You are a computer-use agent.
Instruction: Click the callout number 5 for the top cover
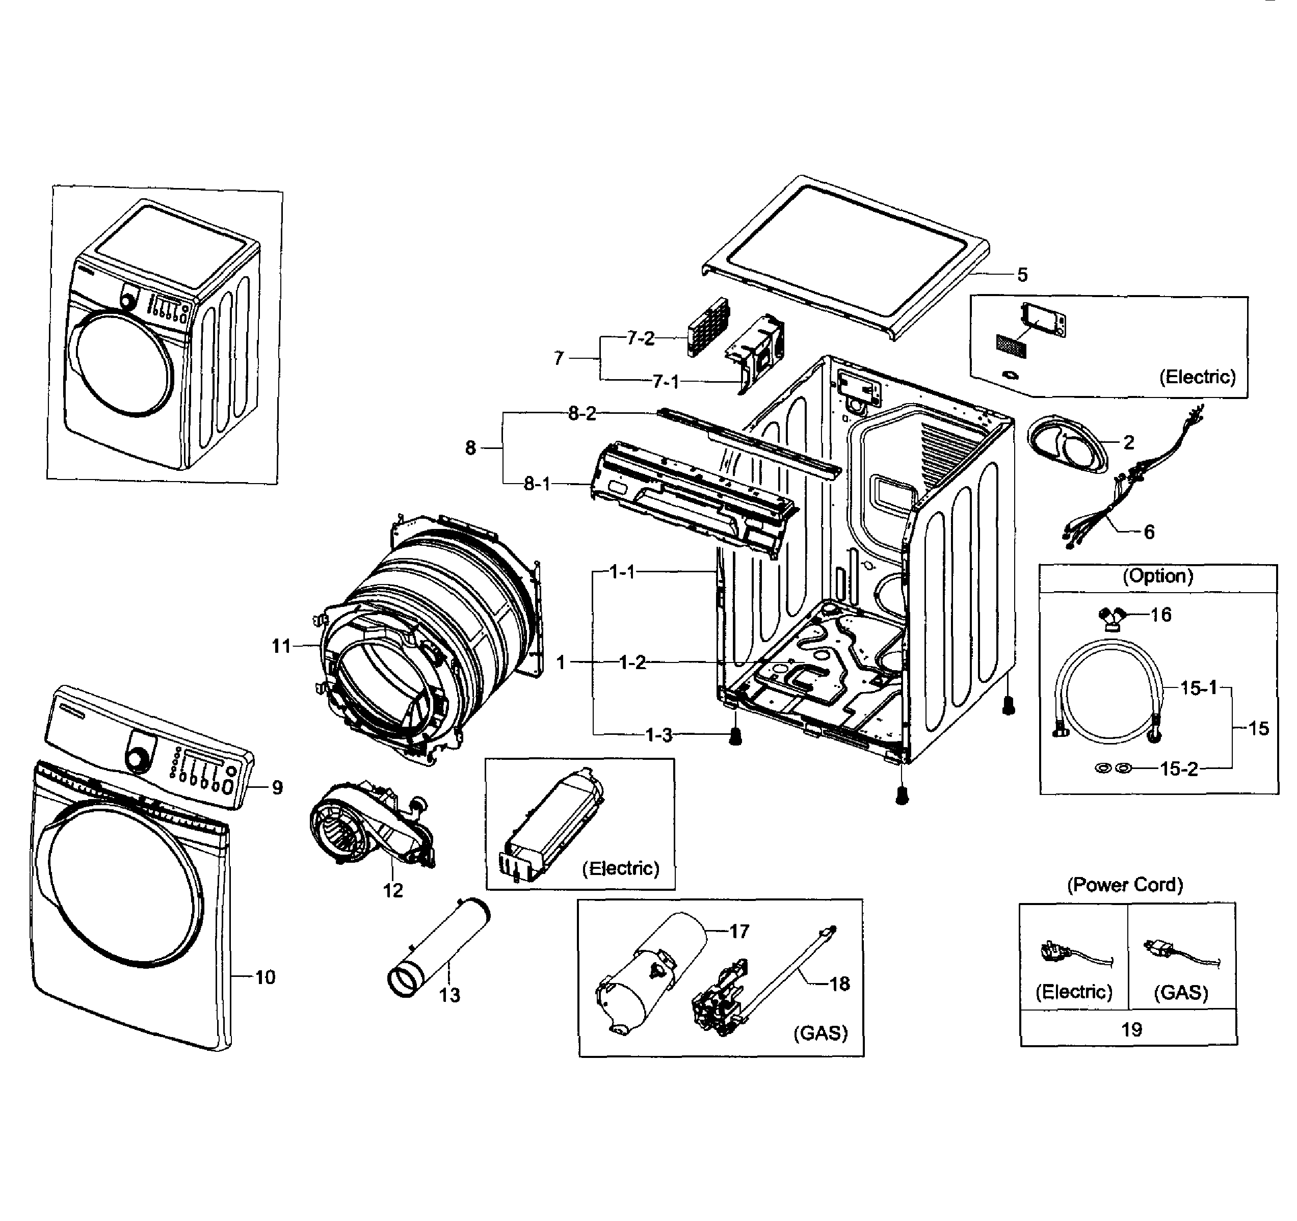pos(1022,275)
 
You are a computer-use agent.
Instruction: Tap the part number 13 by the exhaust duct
pos(449,995)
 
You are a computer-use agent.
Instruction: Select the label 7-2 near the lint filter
pos(640,338)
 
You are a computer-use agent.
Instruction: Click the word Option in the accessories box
pos(1157,576)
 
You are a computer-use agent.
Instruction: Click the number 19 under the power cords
pos(1131,1030)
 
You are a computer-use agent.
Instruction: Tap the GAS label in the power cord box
pos(1181,993)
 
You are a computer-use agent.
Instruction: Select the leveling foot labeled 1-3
pos(735,737)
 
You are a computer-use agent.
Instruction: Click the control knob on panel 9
pos(138,759)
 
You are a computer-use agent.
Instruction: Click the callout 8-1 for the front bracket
pos(537,484)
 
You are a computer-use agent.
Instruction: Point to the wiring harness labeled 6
pos(1109,502)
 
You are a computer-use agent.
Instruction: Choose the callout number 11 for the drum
pos(281,646)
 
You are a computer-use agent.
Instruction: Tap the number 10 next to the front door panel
pos(265,977)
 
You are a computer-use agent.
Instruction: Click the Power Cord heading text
pos(1125,885)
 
